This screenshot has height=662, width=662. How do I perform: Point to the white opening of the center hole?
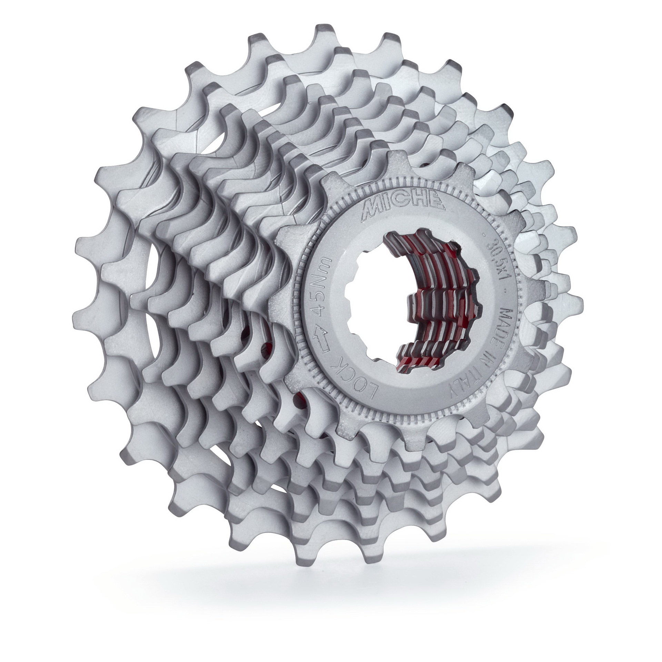click(379, 303)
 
